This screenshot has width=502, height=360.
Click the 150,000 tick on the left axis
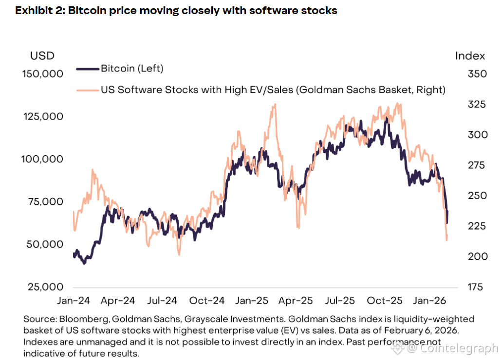pyautogui.click(x=43, y=74)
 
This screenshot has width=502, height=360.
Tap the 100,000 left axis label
pyautogui.click(x=43, y=159)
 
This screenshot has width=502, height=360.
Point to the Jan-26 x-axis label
pyautogui.click(x=429, y=301)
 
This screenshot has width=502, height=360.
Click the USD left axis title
pyautogui.click(x=42, y=55)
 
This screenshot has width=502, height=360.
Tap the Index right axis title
pyautogui.click(x=470, y=55)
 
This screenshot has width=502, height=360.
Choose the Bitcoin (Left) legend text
pyautogui.click(x=132, y=69)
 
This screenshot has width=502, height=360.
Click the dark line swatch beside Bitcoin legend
pyautogui.click(x=88, y=69)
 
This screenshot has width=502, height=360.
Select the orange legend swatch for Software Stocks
pyautogui.click(x=88, y=90)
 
